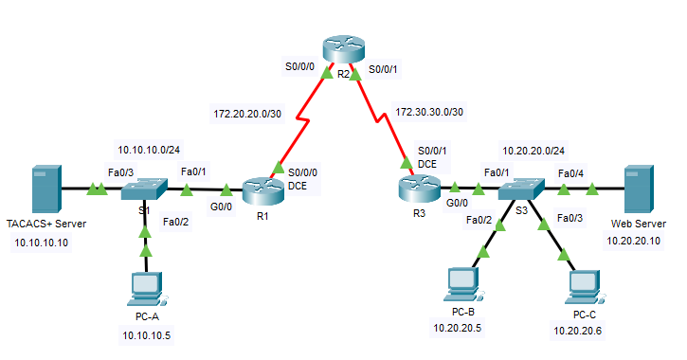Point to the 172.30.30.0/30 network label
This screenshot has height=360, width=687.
pyautogui.click(x=429, y=113)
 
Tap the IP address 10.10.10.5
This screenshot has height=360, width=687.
pyautogui.click(x=147, y=334)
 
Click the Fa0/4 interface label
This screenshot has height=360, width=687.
pyautogui.click(x=570, y=173)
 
